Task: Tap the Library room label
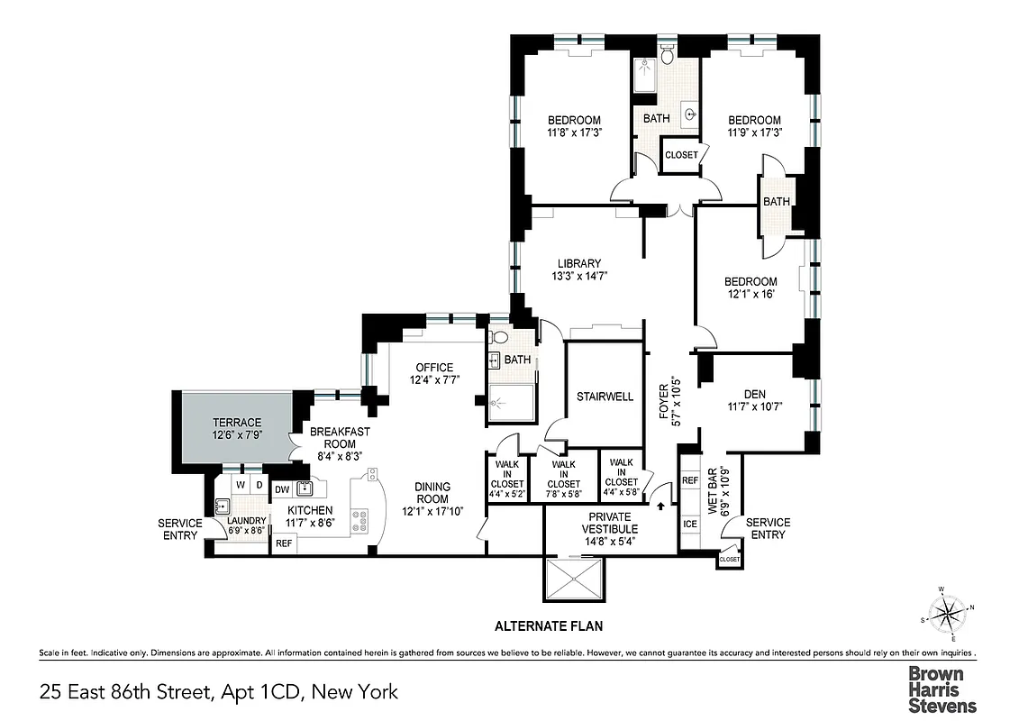(578, 263)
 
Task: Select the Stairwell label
(605, 397)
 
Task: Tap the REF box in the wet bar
(690, 481)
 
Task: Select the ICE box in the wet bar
(690, 524)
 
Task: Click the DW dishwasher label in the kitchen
(281, 489)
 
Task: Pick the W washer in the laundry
(240, 485)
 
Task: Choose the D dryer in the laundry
(259, 485)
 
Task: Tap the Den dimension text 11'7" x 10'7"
(754, 406)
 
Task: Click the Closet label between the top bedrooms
(681, 155)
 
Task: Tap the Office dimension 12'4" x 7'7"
(433, 379)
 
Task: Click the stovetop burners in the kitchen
(359, 521)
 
